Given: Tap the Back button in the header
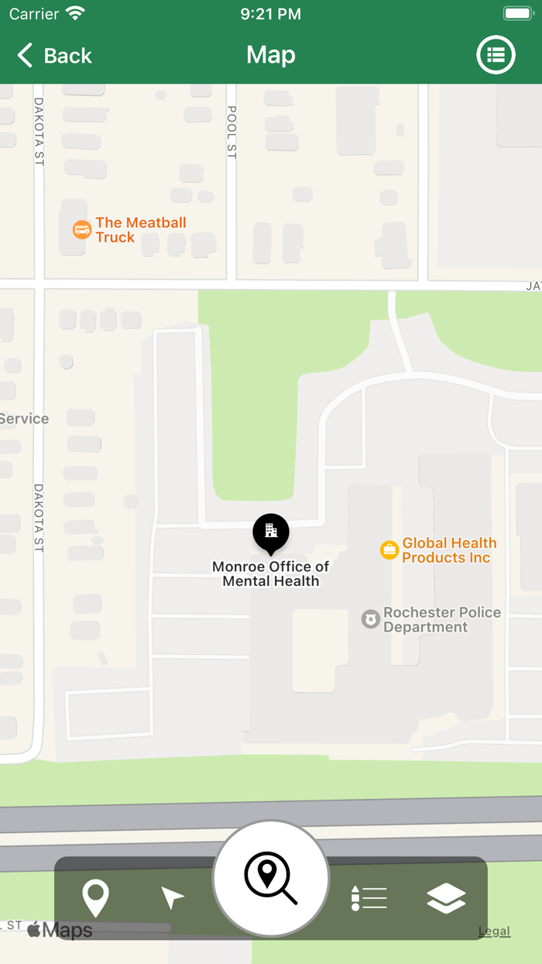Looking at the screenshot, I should click(x=54, y=56).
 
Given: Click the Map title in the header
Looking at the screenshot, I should click(x=271, y=55).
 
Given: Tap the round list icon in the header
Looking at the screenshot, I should click(x=496, y=55).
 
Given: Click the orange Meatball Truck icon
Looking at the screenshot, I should click(x=82, y=229).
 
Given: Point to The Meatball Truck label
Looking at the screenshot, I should click(x=141, y=230).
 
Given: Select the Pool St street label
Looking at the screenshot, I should click(x=232, y=133).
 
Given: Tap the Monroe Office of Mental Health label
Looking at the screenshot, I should click(x=271, y=574).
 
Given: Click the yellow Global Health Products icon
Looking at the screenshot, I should click(x=389, y=550).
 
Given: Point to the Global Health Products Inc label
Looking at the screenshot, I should click(x=449, y=550).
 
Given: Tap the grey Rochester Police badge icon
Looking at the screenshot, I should click(x=371, y=619).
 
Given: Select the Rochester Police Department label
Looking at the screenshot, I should click(x=441, y=620).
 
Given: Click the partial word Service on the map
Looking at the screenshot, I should click(x=24, y=419).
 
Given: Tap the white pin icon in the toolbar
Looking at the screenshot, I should click(x=96, y=899).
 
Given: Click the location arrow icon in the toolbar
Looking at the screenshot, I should click(x=172, y=898).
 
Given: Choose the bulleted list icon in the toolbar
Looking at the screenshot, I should click(x=369, y=898).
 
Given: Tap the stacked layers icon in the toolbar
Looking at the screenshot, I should click(x=446, y=898).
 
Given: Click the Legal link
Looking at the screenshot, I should click(x=494, y=931).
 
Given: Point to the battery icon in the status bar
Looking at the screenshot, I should click(x=517, y=13).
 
